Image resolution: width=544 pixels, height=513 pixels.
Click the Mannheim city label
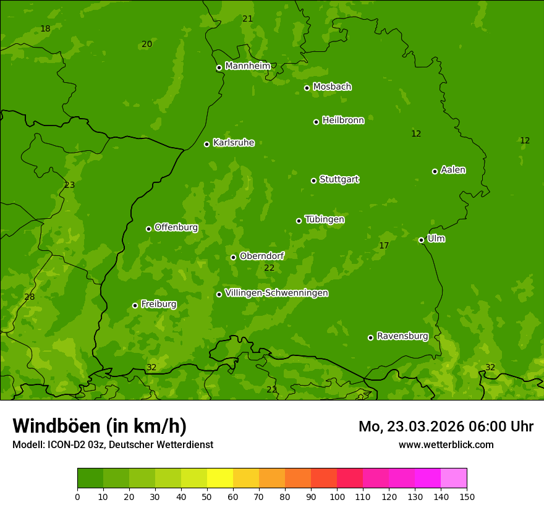248,66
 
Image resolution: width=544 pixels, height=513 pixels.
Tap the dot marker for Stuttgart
313,180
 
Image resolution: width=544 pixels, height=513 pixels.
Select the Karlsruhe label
234,143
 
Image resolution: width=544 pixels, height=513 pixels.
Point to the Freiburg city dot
135,305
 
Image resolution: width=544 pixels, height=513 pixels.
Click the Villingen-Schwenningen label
276,293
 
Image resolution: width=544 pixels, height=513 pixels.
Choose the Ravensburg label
402,336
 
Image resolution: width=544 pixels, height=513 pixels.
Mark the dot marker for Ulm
421,240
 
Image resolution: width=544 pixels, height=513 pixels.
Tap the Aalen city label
453,170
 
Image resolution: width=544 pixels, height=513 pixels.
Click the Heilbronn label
343,121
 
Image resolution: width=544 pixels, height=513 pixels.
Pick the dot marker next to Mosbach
307,88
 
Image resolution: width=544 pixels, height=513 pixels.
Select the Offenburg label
176,227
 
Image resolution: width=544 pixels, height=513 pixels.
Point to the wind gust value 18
45,29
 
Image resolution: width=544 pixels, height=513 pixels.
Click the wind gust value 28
29,297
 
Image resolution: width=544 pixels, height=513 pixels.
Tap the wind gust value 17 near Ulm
384,246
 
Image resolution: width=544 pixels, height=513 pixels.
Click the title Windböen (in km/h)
100,426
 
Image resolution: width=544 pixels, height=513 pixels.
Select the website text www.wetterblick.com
446,444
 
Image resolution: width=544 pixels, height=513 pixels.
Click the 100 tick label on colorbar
337,496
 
